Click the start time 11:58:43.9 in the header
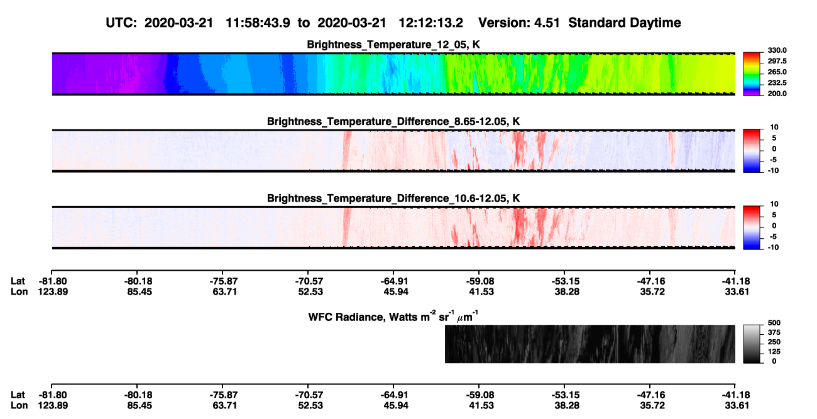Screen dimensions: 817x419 click(x=258, y=23)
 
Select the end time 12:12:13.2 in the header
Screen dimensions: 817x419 click(x=430, y=23)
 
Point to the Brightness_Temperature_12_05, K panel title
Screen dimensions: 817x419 click(x=393, y=45)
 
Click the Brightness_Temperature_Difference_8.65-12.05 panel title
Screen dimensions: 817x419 click(x=393, y=121)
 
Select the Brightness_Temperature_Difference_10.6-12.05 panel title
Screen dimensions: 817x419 click(x=393, y=199)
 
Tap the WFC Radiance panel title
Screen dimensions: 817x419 click(x=393, y=317)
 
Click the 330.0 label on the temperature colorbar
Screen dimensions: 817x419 click(x=777, y=50)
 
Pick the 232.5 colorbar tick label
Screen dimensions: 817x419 click(x=777, y=83)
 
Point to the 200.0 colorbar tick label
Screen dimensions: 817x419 click(x=777, y=94)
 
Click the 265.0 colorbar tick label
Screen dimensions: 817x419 click(x=777, y=72)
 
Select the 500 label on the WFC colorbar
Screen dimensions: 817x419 click(x=774, y=323)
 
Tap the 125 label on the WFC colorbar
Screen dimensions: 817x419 click(x=774, y=352)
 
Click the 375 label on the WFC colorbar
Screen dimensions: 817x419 click(x=774, y=332)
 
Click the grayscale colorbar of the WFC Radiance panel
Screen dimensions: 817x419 click(x=752, y=344)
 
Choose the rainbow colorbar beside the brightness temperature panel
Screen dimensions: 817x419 click(x=752, y=74)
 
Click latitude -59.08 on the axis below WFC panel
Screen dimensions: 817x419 click(x=480, y=395)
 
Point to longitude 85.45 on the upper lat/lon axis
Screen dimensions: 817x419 click(x=140, y=291)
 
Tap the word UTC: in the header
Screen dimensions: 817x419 click(x=121, y=23)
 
